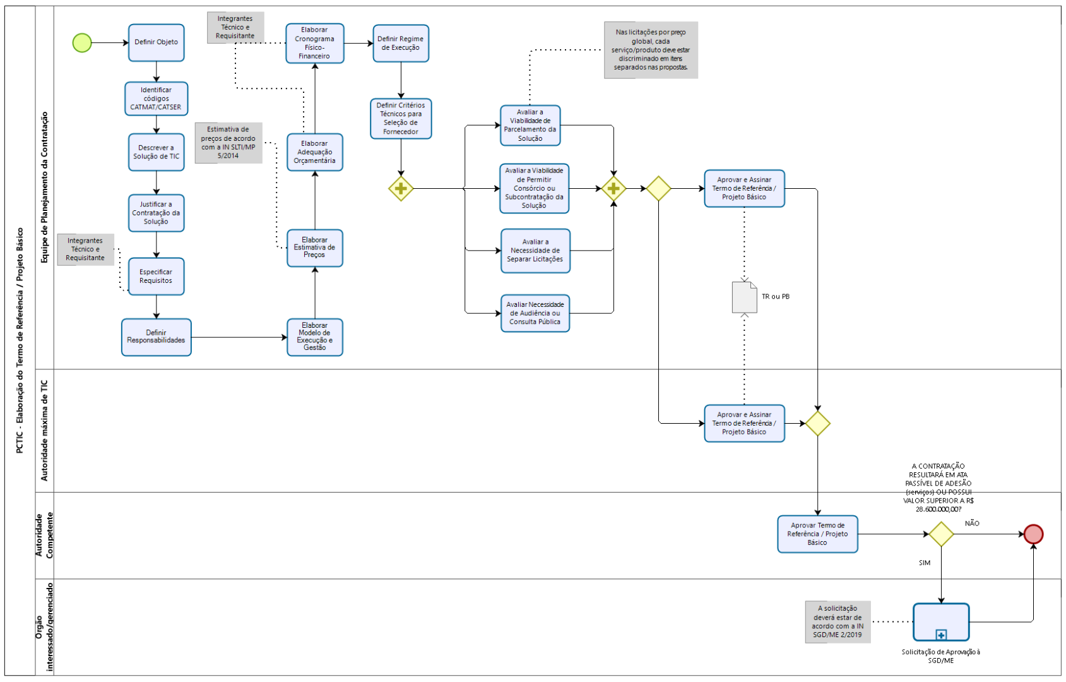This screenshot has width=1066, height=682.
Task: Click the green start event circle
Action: coord(82,43)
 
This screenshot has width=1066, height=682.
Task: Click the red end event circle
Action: coord(1033,534)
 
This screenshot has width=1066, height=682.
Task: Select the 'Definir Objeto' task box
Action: coord(157,43)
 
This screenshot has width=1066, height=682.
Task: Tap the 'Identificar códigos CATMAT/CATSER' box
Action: coord(157,99)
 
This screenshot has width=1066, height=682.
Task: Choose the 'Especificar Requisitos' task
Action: coord(157,277)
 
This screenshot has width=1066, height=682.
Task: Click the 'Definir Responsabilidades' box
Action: coord(157,337)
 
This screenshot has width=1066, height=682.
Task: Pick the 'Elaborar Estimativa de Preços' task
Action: coord(315,248)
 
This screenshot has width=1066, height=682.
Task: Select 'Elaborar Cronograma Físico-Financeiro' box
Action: coord(315,44)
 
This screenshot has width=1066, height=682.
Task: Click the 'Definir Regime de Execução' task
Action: coord(401,44)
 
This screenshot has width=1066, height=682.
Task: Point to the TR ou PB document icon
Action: coord(744,297)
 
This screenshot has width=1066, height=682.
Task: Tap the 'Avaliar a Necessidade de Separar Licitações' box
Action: coord(535,251)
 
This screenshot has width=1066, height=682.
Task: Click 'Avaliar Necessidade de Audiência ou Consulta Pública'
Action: coord(535,313)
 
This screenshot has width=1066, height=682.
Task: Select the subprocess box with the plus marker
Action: coord(941,622)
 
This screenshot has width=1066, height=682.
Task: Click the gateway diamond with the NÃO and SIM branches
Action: coord(941,534)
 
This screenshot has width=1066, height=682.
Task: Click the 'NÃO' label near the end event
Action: coord(972,523)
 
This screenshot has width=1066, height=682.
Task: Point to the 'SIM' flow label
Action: coord(925,563)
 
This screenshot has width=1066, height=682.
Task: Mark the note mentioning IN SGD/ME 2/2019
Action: coord(838,622)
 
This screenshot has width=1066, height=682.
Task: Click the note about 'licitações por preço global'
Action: coord(651,50)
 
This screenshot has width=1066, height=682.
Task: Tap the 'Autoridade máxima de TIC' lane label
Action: coord(44,431)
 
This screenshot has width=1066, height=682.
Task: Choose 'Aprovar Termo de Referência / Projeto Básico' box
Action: coord(817,534)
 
